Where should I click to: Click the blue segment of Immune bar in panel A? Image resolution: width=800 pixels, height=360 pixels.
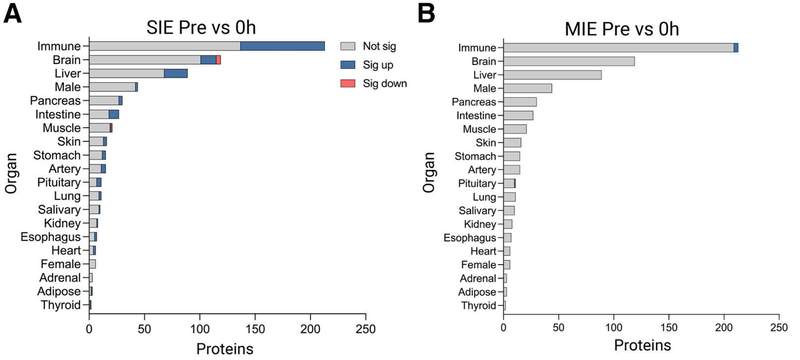pos(282,46)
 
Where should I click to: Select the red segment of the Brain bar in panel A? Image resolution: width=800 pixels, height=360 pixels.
pos(218,60)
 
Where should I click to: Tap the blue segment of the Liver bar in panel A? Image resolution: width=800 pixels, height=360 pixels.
pos(176,73)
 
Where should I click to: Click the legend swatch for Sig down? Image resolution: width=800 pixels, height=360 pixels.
pos(347,84)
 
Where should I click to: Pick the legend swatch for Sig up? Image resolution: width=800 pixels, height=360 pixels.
pos(347,65)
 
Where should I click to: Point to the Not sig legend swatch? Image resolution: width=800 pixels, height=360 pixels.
pos(347,46)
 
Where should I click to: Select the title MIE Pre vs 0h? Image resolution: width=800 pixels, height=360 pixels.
pos(622,29)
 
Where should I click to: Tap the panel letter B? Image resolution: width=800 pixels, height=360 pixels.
pos(427,13)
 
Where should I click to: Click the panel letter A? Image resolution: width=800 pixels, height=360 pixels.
pos(13,13)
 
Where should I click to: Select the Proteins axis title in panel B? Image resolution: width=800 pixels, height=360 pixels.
pos(642,345)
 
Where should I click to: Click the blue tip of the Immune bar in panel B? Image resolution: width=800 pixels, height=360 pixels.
pos(736,47)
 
